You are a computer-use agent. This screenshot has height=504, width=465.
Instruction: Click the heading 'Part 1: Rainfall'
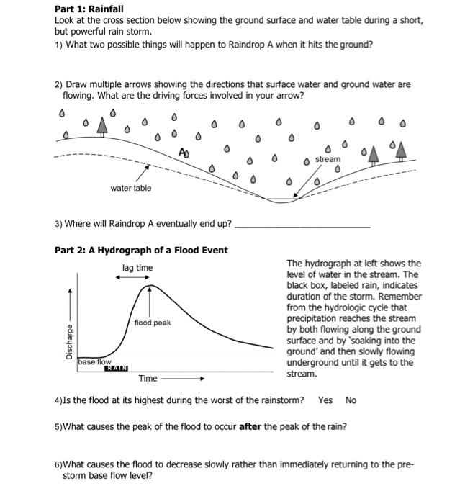[89, 9]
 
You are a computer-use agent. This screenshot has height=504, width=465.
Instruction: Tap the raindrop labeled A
[185, 152]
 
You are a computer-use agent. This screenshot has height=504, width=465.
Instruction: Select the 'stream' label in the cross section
[328, 158]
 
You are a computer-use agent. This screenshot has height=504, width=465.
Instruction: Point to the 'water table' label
[131, 188]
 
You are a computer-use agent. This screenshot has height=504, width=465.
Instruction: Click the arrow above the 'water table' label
[143, 173]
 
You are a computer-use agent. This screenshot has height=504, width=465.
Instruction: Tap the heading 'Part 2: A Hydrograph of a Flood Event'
[141, 250]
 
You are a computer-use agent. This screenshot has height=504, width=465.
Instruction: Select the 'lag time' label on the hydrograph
[137, 268]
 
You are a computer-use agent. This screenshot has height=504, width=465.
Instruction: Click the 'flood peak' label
[152, 323]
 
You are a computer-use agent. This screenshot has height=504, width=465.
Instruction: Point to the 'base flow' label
[95, 361]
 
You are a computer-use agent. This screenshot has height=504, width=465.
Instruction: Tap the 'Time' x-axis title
[148, 379]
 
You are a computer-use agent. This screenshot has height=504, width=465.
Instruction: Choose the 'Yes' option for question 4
[325, 400]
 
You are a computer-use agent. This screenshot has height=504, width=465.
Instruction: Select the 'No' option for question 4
[351, 400]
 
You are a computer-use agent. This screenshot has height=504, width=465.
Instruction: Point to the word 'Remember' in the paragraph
[400, 297]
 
